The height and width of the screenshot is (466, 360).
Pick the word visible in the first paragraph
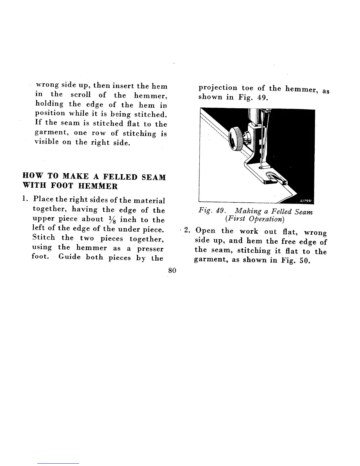46,142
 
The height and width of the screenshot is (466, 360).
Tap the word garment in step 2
210,261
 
